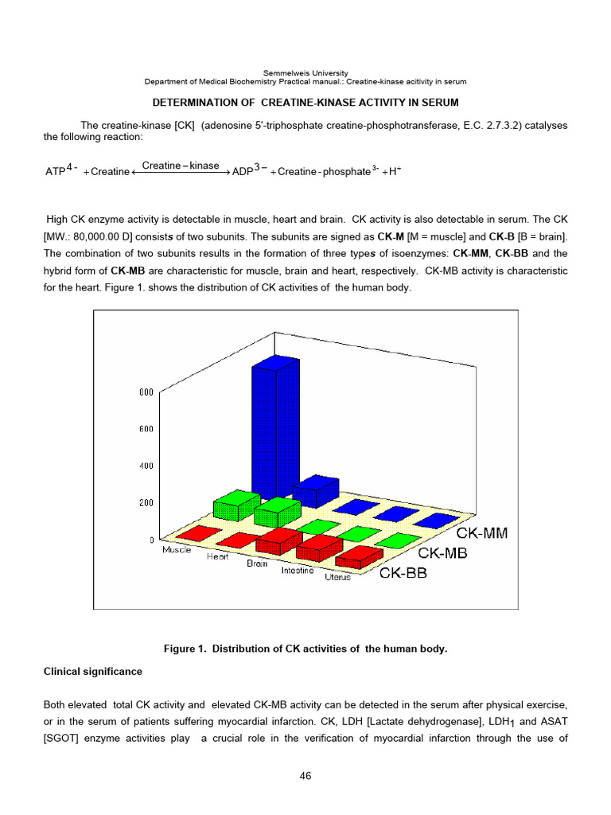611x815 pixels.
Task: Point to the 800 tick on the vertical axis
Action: point(146,392)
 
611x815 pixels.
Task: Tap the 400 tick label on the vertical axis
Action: point(146,466)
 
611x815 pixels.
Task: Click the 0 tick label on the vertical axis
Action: point(151,540)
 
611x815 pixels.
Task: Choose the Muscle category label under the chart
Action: point(177,550)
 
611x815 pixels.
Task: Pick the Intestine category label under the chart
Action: point(297,570)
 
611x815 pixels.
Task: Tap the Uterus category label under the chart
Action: point(337,577)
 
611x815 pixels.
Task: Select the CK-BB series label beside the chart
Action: point(403,572)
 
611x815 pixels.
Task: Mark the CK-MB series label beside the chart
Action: point(442,552)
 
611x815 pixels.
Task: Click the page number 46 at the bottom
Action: point(305,776)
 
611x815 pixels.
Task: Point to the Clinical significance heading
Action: point(92,671)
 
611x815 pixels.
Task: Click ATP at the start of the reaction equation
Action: point(55,172)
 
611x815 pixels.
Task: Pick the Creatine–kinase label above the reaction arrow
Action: point(181,166)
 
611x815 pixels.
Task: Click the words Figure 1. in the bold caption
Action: point(186,649)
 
